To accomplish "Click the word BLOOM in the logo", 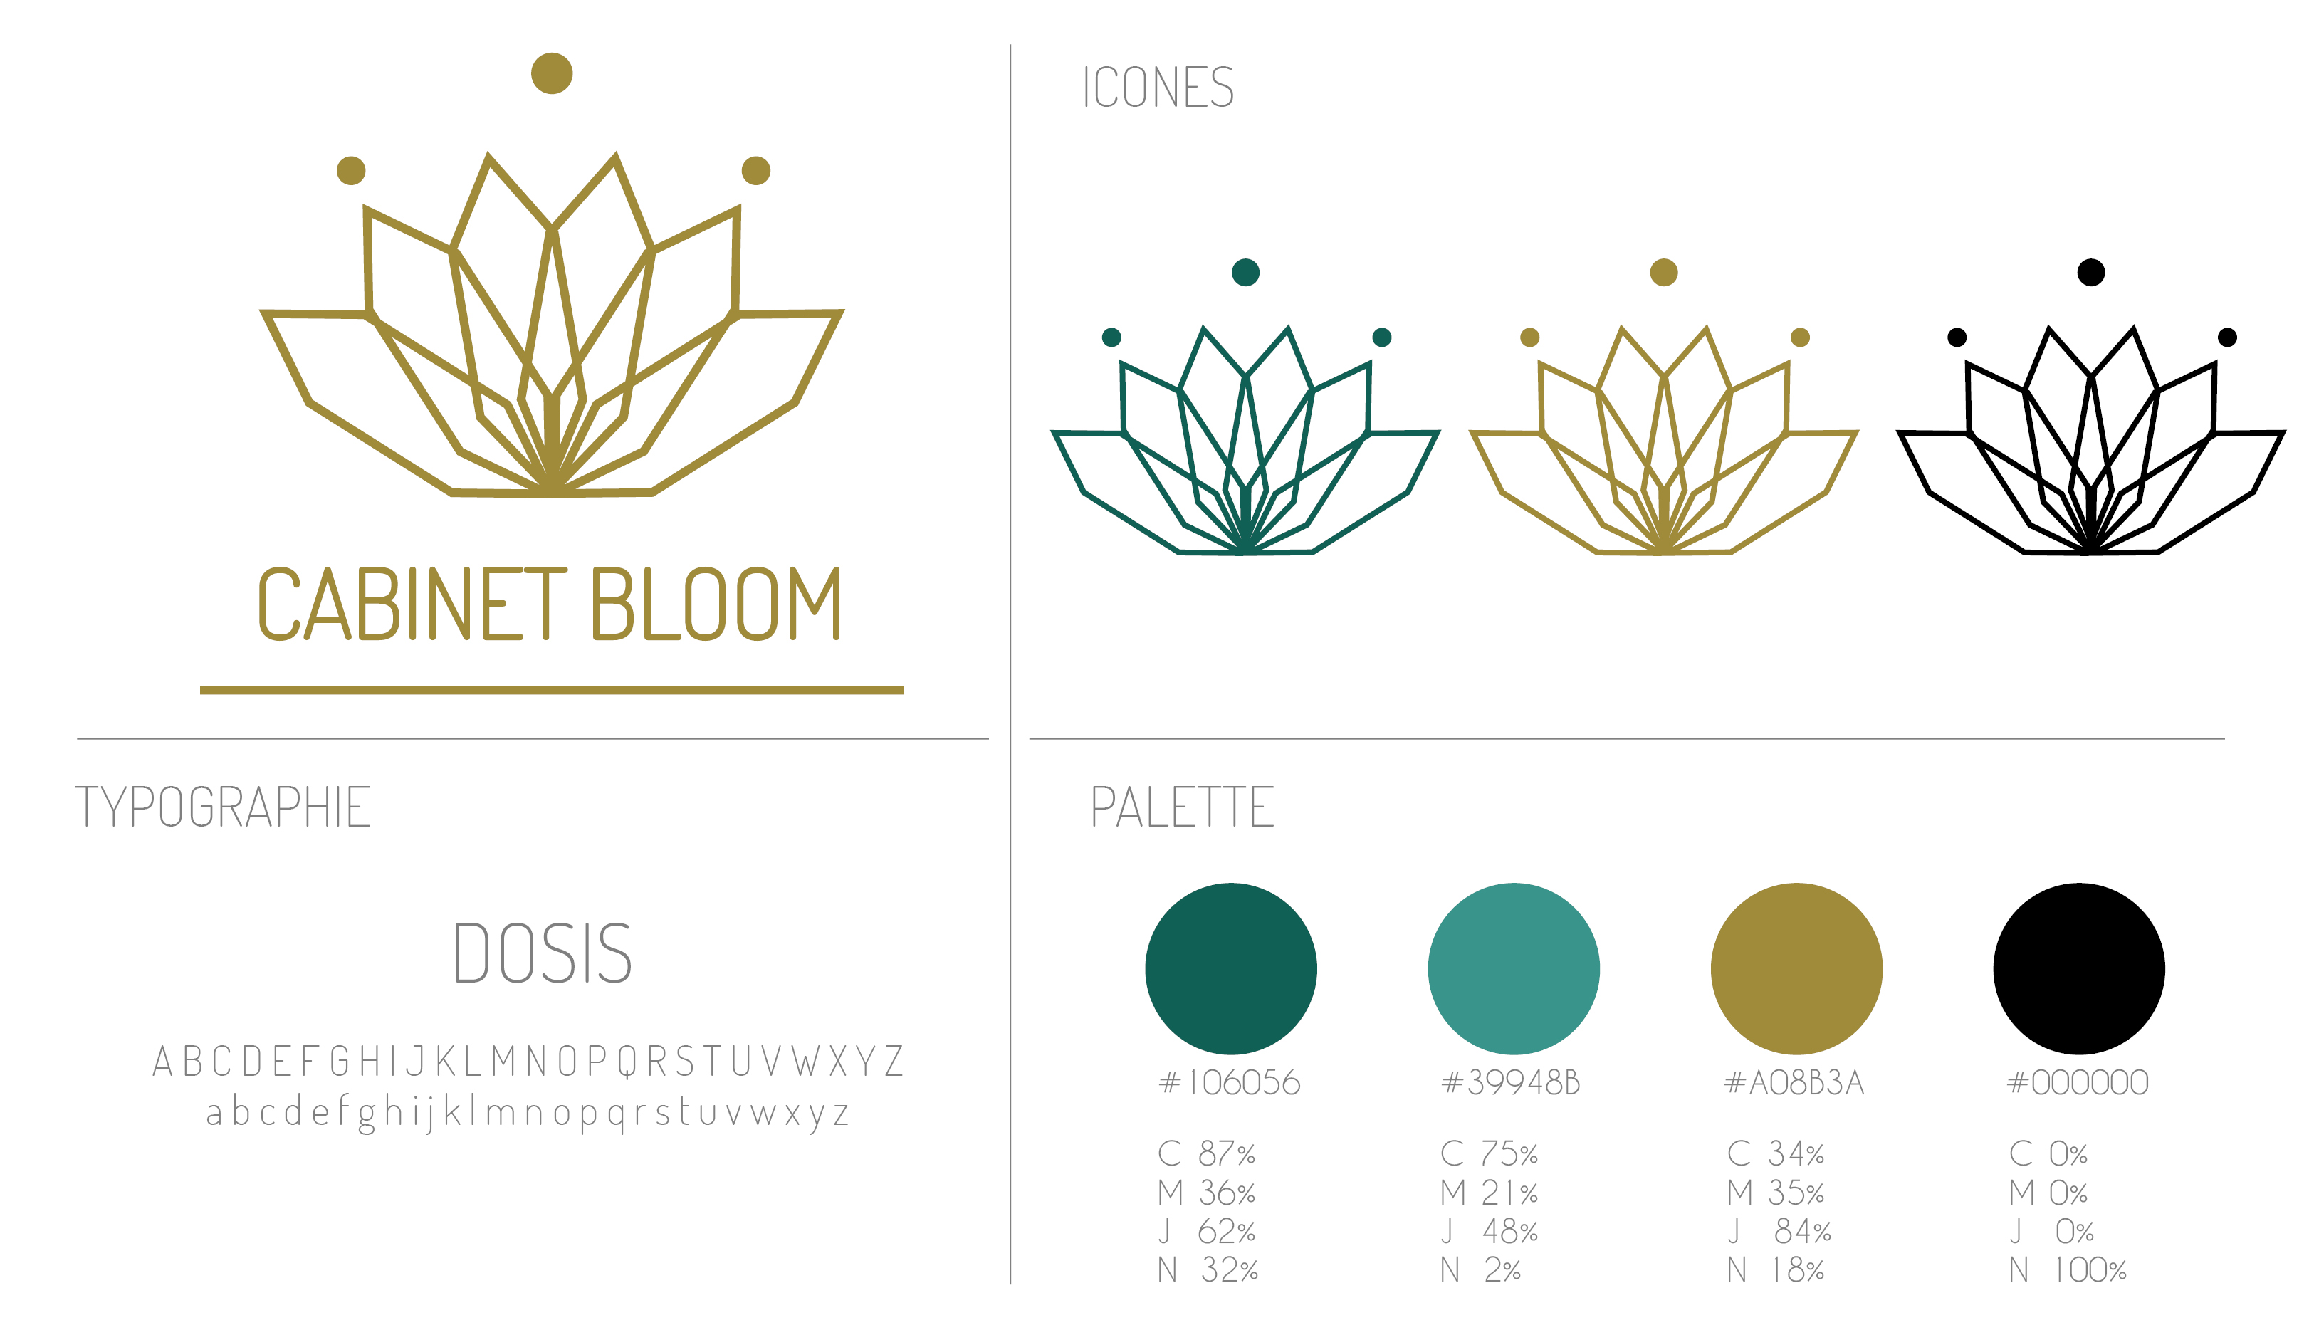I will pyautogui.click(x=716, y=603).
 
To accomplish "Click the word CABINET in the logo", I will pyautogui.click(x=412, y=603).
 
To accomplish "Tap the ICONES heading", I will pyautogui.click(x=1158, y=88).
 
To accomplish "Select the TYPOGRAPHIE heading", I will pyautogui.click(x=223, y=807).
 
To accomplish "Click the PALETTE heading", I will pyautogui.click(x=1182, y=807).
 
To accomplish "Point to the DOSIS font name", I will pyautogui.click(x=543, y=953).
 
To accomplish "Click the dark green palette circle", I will pyautogui.click(x=1230, y=968).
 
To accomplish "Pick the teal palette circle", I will pyautogui.click(x=1514, y=968).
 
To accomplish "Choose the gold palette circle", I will pyautogui.click(x=1796, y=968).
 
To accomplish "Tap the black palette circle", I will pyautogui.click(x=2078, y=968).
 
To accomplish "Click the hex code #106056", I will pyautogui.click(x=1230, y=1083).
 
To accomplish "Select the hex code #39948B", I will pyautogui.click(x=1511, y=1083).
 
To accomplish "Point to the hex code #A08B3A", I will pyautogui.click(x=1794, y=1083).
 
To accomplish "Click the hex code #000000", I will pyautogui.click(x=2078, y=1083).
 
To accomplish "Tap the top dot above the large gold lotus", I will pyautogui.click(x=552, y=73).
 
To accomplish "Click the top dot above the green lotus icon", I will pyautogui.click(x=1245, y=272).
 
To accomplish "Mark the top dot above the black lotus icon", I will pyautogui.click(x=2090, y=272).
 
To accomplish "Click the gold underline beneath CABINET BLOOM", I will pyautogui.click(x=552, y=689).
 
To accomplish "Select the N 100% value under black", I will pyautogui.click(x=2068, y=1270).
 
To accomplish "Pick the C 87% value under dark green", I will pyautogui.click(x=1207, y=1153).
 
